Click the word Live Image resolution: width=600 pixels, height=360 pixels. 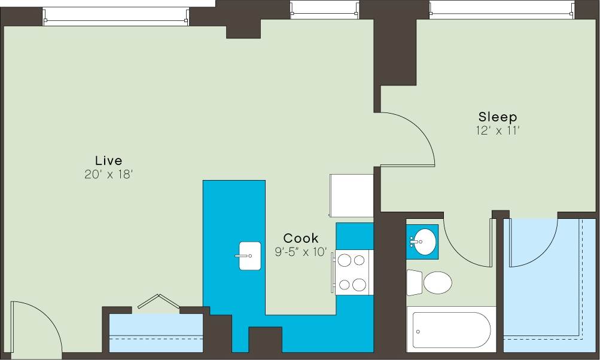pyautogui.click(x=108, y=160)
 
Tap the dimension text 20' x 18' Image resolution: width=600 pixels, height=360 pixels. pyautogui.click(x=108, y=175)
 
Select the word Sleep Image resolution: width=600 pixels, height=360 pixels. pyautogui.click(x=497, y=117)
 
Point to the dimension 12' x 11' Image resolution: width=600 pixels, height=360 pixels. pyautogui.click(x=497, y=130)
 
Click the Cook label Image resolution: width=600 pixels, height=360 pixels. pyautogui.click(x=301, y=238)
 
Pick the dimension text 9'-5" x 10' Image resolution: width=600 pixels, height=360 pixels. pyautogui.click(x=301, y=252)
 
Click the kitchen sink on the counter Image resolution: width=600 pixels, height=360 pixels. pyautogui.click(x=249, y=256)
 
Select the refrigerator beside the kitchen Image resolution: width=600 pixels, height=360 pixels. pyautogui.click(x=351, y=195)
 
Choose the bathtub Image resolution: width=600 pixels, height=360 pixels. pyautogui.click(x=452, y=330)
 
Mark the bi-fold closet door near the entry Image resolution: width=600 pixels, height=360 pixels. pyautogui.click(x=157, y=301)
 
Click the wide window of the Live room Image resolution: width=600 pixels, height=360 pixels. pyautogui.click(x=115, y=16)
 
